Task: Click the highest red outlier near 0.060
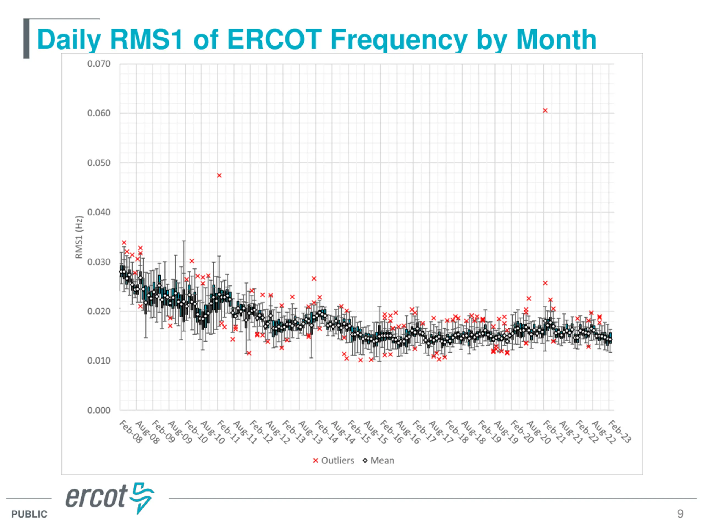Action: (x=545, y=111)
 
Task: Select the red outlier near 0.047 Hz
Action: (x=219, y=175)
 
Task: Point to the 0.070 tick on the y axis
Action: (x=99, y=64)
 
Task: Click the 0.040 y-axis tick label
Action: (x=99, y=212)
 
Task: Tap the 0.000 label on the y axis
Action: (x=99, y=410)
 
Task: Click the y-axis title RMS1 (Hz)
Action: (x=79, y=237)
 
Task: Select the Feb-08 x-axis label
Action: (x=131, y=431)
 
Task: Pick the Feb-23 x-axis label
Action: (x=619, y=431)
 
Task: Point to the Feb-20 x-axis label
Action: (x=522, y=431)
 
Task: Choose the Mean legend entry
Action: (x=379, y=461)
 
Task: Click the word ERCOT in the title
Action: (x=274, y=40)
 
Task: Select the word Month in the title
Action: (x=556, y=40)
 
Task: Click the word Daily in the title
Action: (x=69, y=40)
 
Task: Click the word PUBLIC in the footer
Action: (x=29, y=514)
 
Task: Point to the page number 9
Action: (x=680, y=514)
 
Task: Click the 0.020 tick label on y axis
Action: (x=99, y=311)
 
